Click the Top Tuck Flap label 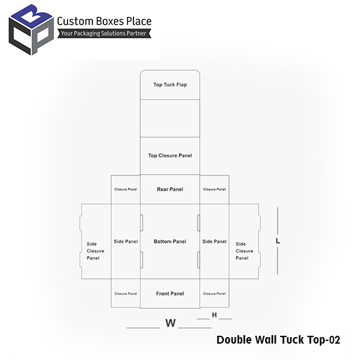(170, 84)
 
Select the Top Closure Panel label (170, 155)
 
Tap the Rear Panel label (170, 189)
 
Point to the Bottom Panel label (170, 242)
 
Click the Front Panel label (170, 293)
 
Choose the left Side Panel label (126, 242)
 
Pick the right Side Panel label (215, 242)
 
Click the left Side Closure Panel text (96, 251)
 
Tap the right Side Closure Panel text (244, 251)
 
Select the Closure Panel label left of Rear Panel (126, 189)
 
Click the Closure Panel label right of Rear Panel (215, 189)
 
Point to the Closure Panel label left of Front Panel (126, 293)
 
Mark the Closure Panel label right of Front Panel (215, 293)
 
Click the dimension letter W (171, 323)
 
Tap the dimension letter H (214, 315)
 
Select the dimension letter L (278, 241)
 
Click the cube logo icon (31, 29)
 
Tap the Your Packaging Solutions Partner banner (104, 33)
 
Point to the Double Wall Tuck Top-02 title (278, 340)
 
